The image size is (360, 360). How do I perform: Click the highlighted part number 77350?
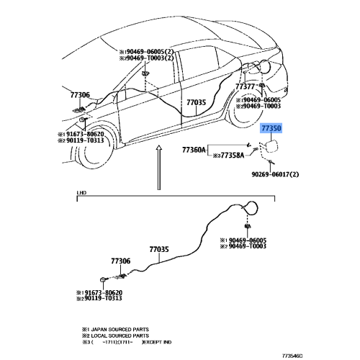(271, 127)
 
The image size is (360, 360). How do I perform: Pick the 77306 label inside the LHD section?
(120, 261)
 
